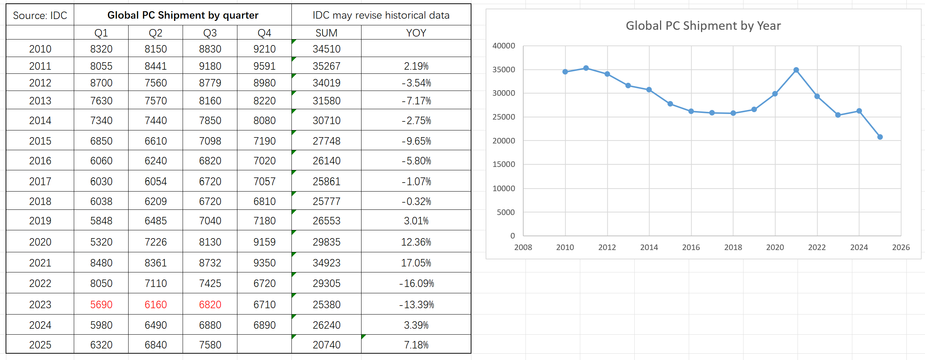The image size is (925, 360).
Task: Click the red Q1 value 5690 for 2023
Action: (x=101, y=304)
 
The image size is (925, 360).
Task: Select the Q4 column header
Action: (x=264, y=33)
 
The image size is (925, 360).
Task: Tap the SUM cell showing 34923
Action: (x=326, y=263)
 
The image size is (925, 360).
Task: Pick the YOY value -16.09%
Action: (x=416, y=283)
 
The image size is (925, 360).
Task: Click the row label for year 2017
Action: (x=40, y=181)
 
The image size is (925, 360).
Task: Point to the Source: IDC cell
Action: (x=40, y=15)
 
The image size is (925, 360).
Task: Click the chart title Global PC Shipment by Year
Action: (x=703, y=26)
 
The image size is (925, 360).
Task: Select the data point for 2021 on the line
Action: (x=796, y=70)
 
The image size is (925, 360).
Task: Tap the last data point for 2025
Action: (x=880, y=137)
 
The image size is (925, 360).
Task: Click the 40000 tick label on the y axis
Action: (x=503, y=46)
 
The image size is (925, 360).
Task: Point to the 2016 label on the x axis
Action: (x=691, y=247)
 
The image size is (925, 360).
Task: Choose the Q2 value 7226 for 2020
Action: (x=155, y=242)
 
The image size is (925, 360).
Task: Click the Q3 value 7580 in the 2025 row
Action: (x=210, y=345)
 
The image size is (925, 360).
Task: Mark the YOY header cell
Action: (x=416, y=33)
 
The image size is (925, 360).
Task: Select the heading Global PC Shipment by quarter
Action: (x=183, y=15)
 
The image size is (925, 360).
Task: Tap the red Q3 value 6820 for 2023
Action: (x=210, y=304)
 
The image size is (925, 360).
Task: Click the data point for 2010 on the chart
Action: (x=565, y=72)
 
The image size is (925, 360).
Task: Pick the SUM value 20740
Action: (x=326, y=345)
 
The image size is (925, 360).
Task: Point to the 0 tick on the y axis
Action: (x=512, y=236)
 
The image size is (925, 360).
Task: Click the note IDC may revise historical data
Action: (x=381, y=15)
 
